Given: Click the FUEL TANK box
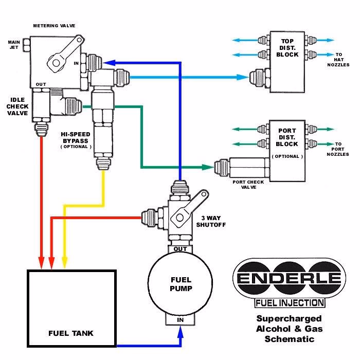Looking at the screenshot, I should tap(71, 309).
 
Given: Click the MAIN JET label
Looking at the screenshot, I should tap(14, 45).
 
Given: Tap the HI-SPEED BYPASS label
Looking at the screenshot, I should tap(76, 139).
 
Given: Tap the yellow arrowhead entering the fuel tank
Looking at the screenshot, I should tap(64, 261).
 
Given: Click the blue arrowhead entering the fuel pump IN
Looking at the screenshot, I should tap(180, 333).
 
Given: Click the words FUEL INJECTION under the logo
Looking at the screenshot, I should tap(290, 303).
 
